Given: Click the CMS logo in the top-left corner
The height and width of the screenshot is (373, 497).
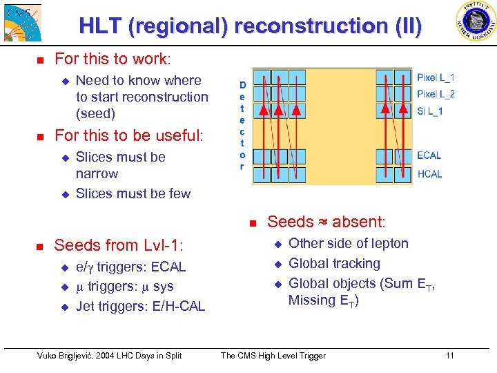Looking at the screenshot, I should (21, 21).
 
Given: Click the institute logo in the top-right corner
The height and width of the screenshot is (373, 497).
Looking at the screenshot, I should (476, 21).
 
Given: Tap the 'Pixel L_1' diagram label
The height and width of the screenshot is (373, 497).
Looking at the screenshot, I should (436, 77).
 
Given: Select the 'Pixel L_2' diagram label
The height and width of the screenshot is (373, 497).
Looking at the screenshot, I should (436, 94).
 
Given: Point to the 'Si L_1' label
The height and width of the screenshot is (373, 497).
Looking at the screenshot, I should (430, 111).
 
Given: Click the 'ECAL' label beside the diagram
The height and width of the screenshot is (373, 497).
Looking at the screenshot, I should (429, 156).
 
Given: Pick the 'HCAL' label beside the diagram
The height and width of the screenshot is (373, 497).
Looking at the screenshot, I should (429, 174).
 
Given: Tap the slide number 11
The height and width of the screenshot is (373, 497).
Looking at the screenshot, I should (449, 356).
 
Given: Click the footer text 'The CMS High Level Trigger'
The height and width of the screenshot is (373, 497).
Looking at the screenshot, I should (273, 356).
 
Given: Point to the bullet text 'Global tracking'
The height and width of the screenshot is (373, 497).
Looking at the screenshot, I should (334, 264).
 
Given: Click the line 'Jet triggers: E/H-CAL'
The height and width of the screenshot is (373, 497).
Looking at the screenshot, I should (140, 306).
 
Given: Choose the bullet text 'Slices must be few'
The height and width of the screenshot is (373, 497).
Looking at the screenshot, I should (133, 194).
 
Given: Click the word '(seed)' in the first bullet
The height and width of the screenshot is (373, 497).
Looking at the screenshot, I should (95, 113).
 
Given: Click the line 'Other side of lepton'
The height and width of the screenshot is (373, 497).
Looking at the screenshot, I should (348, 244).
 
